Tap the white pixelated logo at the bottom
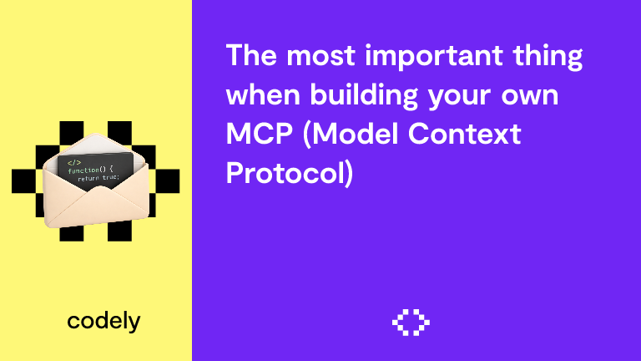click(x=410, y=322)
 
